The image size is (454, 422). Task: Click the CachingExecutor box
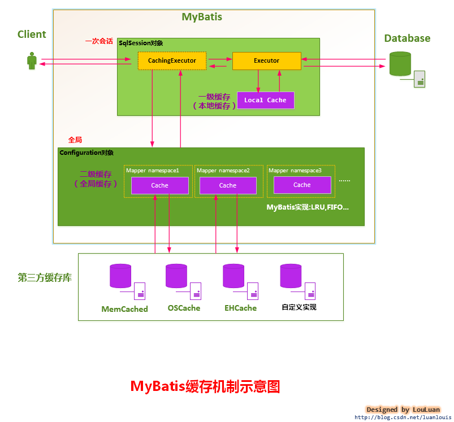tap(172, 60)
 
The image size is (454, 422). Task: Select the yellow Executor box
tap(266, 60)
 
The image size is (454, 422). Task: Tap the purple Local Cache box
tap(265, 100)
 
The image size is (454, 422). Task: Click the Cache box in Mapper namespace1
tap(160, 185)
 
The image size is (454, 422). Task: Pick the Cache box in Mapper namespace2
tap(228, 185)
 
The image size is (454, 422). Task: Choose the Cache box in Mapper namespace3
tap(302, 185)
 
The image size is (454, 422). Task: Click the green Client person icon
tap(32, 61)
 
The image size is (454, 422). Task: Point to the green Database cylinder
tap(400, 64)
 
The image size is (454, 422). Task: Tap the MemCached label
tap(124, 309)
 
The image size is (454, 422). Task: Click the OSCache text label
tap(184, 308)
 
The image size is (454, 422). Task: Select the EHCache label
tap(240, 308)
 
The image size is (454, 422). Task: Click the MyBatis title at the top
tap(202, 17)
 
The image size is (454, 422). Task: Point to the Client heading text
tap(32, 34)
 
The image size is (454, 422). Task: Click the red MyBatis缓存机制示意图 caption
tap(205, 386)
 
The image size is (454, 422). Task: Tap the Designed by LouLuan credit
tap(403, 410)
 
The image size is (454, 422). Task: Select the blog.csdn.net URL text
tap(403, 417)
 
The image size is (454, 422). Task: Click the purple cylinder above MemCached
tap(120, 276)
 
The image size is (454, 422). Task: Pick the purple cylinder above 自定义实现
tap(291, 276)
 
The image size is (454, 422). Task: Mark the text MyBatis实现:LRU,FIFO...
tap(308, 207)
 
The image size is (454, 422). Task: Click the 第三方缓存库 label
tap(45, 278)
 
